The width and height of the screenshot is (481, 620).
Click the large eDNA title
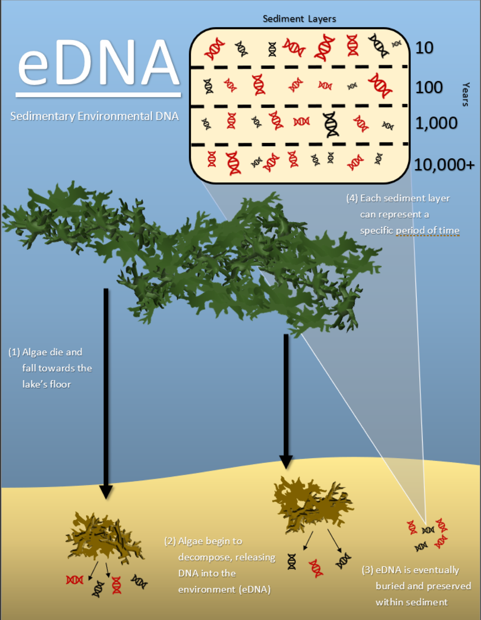tap(98, 62)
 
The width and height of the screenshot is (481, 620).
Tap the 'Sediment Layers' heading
tap(299, 19)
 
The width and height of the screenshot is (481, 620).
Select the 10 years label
tap(424, 48)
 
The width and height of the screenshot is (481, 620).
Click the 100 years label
tap(429, 87)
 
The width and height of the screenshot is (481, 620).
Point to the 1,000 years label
tap(436, 123)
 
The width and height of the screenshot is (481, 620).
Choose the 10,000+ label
tap(444, 164)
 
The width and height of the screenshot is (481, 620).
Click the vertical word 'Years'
tap(466, 94)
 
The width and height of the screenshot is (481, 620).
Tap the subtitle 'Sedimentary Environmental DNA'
tap(94, 116)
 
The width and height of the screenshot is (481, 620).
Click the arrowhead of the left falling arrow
tap(106, 491)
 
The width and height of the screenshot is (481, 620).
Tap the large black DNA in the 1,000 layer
tap(331, 124)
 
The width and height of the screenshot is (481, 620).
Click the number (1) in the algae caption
tap(14, 352)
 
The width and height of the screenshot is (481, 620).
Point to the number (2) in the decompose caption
tap(170, 541)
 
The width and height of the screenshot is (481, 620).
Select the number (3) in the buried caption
tap(367, 570)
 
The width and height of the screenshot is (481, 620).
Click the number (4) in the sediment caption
tap(352, 198)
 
